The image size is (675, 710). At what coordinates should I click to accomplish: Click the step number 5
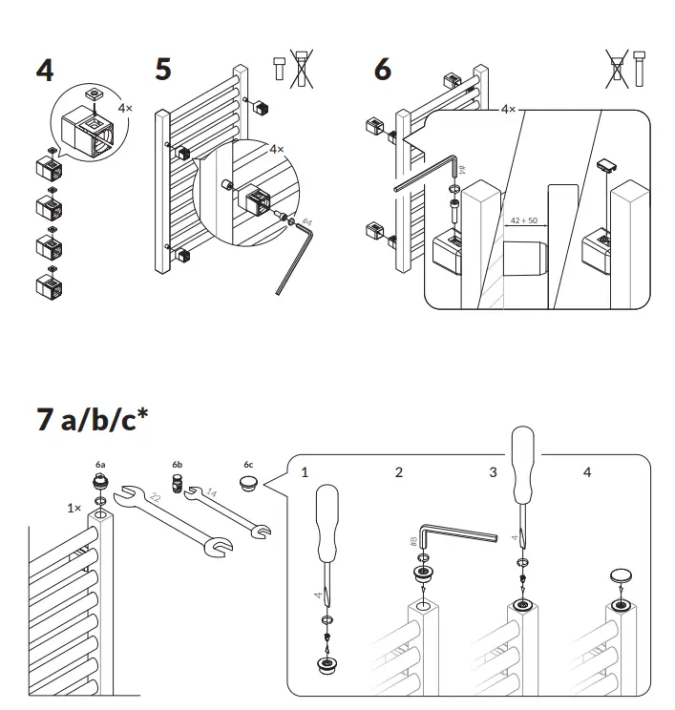163,70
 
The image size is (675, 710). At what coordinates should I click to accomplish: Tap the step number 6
382,70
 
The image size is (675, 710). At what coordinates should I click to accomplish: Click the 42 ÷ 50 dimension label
523,220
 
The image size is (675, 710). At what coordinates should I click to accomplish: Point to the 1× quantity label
74,508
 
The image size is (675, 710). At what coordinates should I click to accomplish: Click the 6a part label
100,465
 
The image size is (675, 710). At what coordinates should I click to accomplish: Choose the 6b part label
177,465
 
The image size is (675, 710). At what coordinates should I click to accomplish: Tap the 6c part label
248,465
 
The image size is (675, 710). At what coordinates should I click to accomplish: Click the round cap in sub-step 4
621,576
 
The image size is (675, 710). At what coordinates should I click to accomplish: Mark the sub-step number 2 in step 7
399,472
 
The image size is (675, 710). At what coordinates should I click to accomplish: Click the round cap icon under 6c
248,485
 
